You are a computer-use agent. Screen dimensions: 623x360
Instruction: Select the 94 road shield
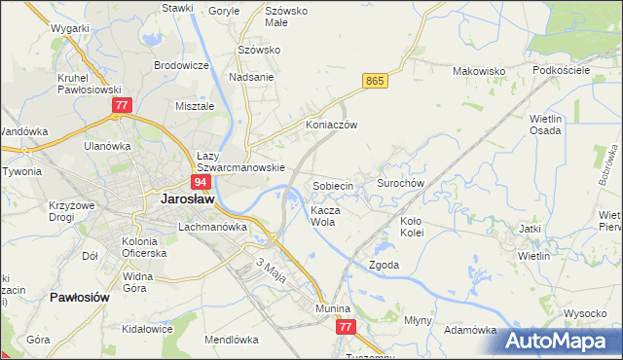(x=200, y=182)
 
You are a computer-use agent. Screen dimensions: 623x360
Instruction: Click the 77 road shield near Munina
(x=347, y=329)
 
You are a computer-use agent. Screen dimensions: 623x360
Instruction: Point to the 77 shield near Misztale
(x=121, y=105)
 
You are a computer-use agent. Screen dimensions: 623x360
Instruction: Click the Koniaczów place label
(x=332, y=126)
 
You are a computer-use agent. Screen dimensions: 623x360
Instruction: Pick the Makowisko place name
(x=478, y=71)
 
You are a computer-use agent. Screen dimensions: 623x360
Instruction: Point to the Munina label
(x=331, y=307)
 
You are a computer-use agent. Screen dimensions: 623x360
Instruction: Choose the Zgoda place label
(x=384, y=265)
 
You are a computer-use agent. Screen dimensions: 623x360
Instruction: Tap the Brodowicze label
(x=182, y=65)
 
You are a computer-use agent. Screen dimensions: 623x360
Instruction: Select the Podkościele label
(x=562, y=70)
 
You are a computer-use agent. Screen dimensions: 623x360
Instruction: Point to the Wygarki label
(x=71, y=29)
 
